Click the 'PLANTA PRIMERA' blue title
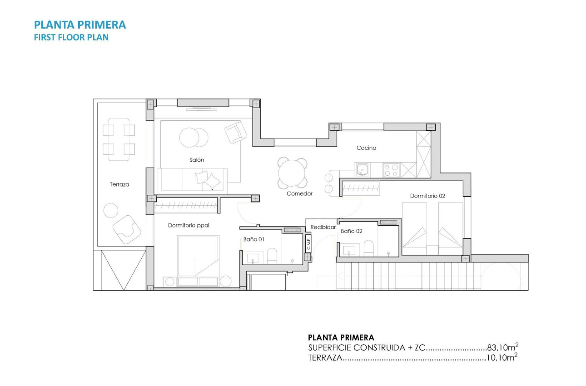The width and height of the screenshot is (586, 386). point(80,25)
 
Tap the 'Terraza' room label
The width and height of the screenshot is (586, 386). point(119,184)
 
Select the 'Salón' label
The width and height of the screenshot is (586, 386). point(197,160)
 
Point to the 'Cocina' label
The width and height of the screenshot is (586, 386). point(366,148)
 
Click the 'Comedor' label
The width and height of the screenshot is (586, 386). point(299,193)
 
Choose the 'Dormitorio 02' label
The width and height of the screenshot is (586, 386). point(427,196)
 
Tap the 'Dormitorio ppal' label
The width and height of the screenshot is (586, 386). point(189,225)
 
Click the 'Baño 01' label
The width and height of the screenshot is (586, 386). point(253,239)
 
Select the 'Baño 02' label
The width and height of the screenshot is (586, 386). point(352,231)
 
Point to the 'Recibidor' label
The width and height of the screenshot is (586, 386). point(323,227)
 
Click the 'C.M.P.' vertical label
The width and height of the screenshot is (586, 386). point(308,244)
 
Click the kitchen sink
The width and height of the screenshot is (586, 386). point(362,170)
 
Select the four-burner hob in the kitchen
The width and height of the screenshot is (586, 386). point(391,170)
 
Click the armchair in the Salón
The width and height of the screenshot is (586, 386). point(235,132)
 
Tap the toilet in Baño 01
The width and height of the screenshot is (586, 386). point(272,256)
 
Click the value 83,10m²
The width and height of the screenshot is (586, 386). point(502,348)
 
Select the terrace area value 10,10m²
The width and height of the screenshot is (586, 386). point(502,358)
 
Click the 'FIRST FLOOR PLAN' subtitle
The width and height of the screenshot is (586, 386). point(71,38)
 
